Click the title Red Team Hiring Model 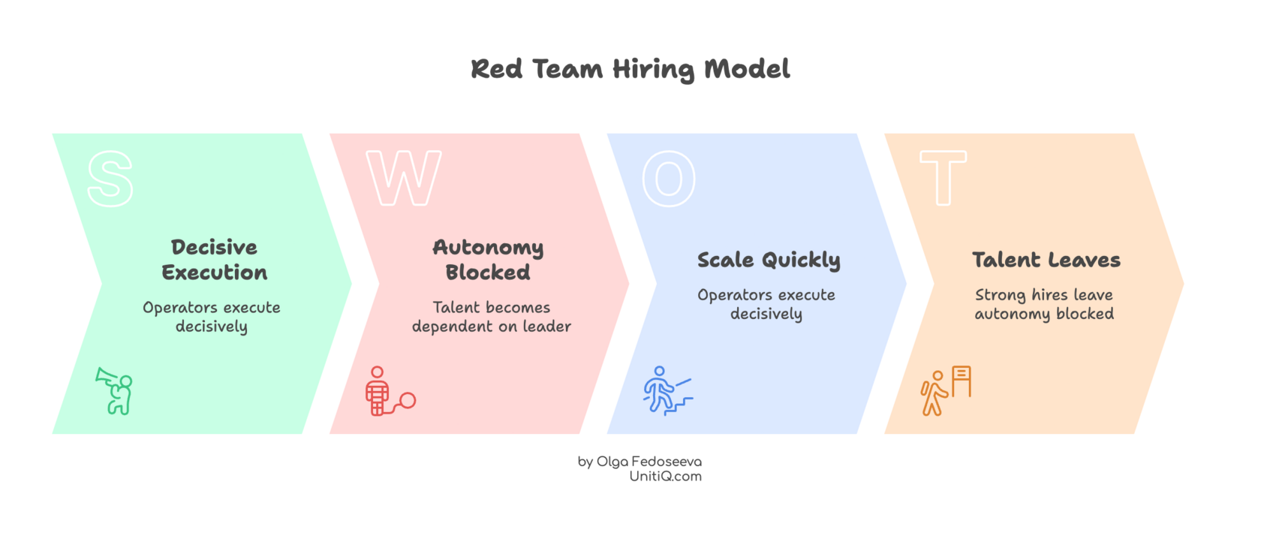(630, 69)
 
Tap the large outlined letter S (110, 179)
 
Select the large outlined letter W (404, 179)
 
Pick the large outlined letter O (669, 179)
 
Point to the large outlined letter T (943, 179)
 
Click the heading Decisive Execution (215, 260)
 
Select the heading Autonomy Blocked (488, 260)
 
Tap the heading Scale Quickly (769, 260)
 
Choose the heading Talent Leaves (1046, 260)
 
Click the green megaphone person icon (115, 390)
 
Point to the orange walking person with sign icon (946, 390)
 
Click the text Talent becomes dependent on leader (492, 317)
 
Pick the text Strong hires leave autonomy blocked (1044, 304)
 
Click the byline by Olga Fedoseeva (640, 461)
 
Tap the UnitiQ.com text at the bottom (666, 476)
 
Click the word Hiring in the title (654, 69)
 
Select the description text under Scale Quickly (766, 304)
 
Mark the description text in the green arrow (212, 317)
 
